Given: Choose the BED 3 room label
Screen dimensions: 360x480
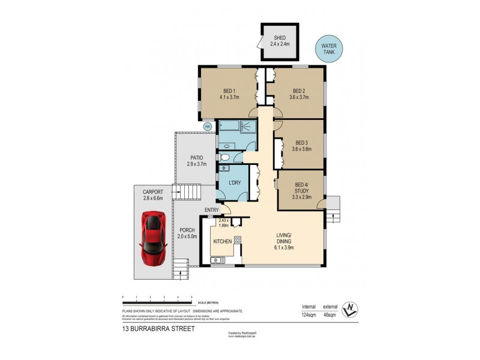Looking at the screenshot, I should coord(301,146).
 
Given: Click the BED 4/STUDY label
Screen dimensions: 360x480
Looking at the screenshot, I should coord(302,189).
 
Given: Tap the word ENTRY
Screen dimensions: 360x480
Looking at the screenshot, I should coord(211,210).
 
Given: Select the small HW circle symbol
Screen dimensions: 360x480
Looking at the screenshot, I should coord(208,127).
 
